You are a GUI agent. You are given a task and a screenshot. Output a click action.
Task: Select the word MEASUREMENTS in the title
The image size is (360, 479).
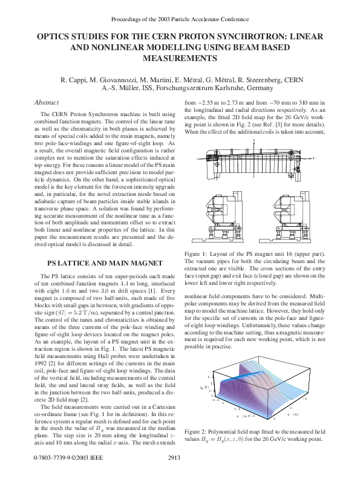(179, 59)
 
